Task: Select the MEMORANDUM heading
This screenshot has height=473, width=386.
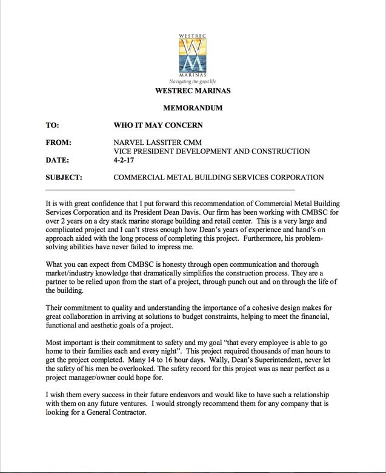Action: click(x=193, y=108)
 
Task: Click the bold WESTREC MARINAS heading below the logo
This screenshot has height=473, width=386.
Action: click(x=193, y=92)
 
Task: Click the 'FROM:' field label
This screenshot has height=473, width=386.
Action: click(x=59, y=143)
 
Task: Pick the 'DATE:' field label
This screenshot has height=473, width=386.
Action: click(x=59, y=160)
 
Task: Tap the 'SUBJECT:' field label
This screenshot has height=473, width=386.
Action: click(x=64, y=178)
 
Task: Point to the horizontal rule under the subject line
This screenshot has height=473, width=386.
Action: click(x=170, y=190)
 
